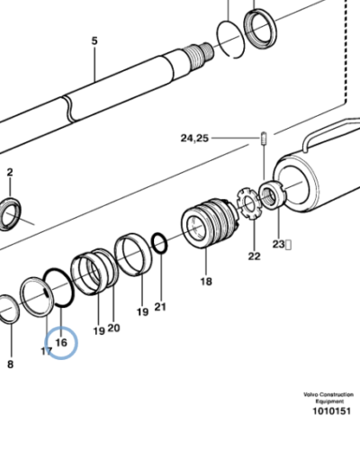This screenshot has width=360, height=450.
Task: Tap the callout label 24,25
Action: pyautogui.click(x=195, y=138)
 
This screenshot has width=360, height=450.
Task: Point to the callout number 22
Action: pyautogui.click(x=254, y=256)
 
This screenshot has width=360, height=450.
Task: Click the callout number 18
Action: pyautogui.click(x=206, y=282)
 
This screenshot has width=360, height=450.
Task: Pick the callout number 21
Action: pyautogui.click(x=160, y=307)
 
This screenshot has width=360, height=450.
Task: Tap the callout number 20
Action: pyautogui.click(x=114, y=328)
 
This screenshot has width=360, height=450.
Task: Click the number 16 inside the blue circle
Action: pyautogui.click(x=60, y=342)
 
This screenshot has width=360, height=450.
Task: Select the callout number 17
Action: pyautogui.click(x=47, y=350)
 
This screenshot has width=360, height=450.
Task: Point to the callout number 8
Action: pyautogui.click(x=11, y=364)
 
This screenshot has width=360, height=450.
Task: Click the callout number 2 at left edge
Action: pyautogui.click(x=10, y=171)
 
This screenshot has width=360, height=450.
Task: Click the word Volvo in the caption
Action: pyautogui.click(x=311, y=394)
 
